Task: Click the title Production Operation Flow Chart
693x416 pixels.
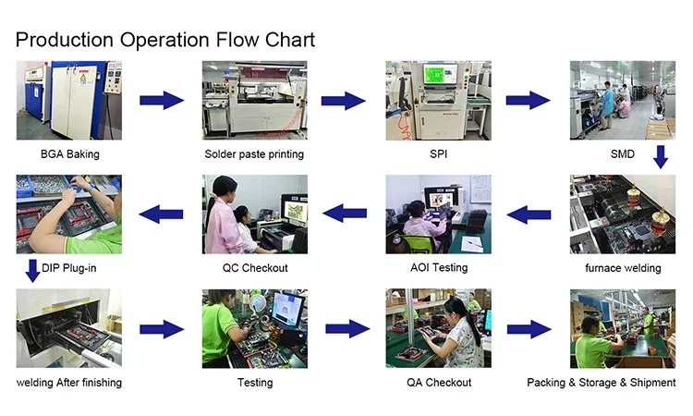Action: [x=165, y=40]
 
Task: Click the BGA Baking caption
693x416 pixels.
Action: [x=70, y=153]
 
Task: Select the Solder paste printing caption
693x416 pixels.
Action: [x=254, y=153]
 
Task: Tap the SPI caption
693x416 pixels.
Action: [x=438, y=153]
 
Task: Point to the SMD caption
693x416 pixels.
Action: [x=623, y=153]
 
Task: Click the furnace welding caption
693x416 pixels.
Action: [x=623, y=268]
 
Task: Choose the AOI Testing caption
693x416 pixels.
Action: [x=438, y=267]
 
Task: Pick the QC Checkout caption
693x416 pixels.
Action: [x=255, y=268]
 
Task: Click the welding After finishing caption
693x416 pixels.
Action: [x=69, y=382]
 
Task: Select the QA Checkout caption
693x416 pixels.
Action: [x=438, y=382]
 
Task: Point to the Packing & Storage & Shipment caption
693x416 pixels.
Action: [x=602, y=382]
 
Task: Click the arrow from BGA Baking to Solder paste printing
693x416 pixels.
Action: [x=162, y=101]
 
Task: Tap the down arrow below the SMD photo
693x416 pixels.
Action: [x=660, y=157]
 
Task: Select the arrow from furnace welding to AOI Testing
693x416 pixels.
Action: [x=529, y=215]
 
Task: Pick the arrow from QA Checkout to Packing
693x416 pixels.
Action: [x=529, y=329]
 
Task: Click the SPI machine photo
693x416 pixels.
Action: [x=438, y=100]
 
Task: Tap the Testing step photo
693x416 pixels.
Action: [x=255, y=328]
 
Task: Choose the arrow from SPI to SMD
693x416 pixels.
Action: [x=529, y=101]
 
